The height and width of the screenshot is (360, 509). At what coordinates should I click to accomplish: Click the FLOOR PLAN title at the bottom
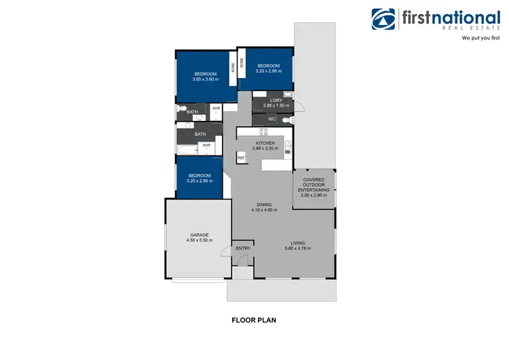point(254,319)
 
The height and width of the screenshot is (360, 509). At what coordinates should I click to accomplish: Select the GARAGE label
point(199,235)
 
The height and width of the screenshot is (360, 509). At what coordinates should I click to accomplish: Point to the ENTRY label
point(243,248)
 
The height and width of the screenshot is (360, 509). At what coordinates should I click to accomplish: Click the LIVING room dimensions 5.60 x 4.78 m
point(298,249)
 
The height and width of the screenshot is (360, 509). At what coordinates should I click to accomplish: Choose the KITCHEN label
point(264,143)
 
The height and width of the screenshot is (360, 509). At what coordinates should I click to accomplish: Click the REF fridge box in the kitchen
point(241,158)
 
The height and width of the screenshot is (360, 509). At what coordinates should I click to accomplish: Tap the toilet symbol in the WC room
point(287,120)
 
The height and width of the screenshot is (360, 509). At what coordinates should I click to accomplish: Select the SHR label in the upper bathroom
point(216,108)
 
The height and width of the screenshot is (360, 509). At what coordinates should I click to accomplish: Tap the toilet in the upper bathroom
point(181,109)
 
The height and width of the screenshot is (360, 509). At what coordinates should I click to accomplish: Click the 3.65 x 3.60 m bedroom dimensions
point(205,79)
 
